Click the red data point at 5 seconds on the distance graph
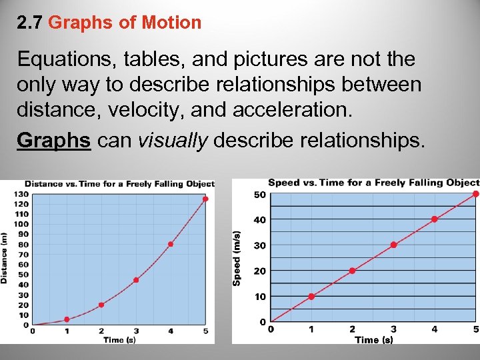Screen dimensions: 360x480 205,199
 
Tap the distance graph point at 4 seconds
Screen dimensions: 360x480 171,244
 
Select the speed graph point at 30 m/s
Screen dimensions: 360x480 393,245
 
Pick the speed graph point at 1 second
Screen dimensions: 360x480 311,296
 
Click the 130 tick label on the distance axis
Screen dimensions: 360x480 21,193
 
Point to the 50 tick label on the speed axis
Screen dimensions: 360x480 259,194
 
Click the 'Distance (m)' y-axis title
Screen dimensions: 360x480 5,258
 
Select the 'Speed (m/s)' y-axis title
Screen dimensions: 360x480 237,259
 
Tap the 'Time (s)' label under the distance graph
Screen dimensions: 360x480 119,340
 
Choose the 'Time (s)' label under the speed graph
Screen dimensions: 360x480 373,340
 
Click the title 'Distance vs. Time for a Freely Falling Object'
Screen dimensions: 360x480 119,184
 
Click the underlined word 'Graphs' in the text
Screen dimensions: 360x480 53,141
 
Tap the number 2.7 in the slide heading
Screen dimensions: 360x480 30,23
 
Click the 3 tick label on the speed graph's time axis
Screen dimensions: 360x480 393,329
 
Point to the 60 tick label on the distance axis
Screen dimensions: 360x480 23,264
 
